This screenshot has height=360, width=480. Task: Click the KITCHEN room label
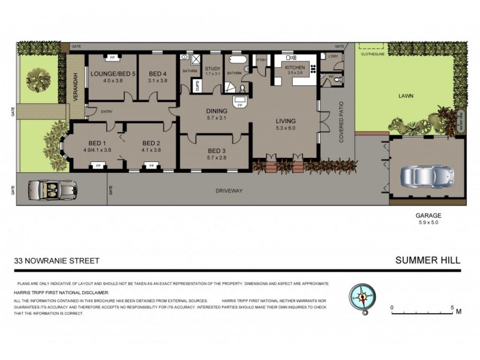[294, 68]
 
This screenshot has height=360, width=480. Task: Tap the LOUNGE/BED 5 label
[112, 74]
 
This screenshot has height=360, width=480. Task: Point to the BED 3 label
[216, 151]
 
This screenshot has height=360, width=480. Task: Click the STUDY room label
[213, 68]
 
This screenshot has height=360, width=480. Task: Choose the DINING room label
[216, 111]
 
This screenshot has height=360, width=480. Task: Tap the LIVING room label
[286, 121]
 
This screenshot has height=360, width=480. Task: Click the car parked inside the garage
[427, 175]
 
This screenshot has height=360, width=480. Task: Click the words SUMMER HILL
[428, 260]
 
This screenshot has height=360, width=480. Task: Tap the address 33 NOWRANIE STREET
[57, 261]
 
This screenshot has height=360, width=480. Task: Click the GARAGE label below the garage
[428, 215]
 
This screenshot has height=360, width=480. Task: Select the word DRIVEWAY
[229, 191]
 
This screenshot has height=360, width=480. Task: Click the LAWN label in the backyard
[406, 95]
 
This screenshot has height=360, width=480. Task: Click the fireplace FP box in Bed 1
[97, 165]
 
